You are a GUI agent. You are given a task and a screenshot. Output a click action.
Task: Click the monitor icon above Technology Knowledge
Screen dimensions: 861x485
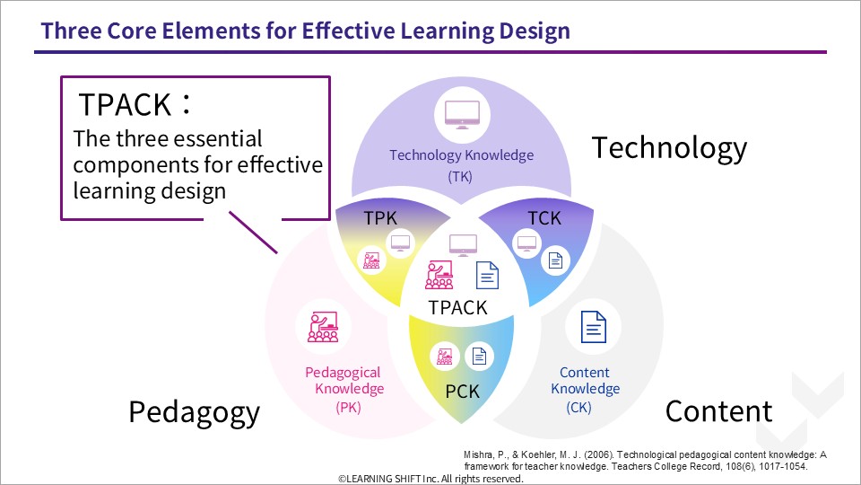[x=462, y=115]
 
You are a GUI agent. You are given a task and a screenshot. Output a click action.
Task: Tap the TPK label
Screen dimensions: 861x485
[x=380, y=218]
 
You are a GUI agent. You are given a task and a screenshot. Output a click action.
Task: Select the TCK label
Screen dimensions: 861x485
[x=544, y=218]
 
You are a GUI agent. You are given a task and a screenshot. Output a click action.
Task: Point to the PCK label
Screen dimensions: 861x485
[x=462, y=392]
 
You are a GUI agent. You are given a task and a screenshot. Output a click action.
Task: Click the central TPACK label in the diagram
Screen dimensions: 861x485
[x=457, y=307]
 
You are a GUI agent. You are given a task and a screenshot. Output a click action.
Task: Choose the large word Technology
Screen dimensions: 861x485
[x=669, y=148]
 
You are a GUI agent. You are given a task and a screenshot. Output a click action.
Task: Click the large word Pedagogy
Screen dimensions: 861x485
[x=194, y=413]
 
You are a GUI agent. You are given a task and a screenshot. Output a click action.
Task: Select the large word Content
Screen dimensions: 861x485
[x=718, y=410]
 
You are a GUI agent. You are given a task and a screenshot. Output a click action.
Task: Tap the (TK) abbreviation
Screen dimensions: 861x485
[x=460, y=177]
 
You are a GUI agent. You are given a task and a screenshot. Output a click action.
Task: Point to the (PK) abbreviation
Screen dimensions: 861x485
[x=349, y=408]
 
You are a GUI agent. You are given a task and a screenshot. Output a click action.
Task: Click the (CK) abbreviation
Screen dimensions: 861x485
[x=578, y=408]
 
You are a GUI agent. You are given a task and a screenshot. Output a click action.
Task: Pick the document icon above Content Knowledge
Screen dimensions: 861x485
[x=594, y=327]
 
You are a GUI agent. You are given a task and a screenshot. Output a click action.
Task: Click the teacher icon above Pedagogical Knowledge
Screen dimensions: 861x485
[x=323, y=327]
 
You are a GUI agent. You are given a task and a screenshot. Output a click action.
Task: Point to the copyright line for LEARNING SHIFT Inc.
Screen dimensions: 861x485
[x=430, y=479]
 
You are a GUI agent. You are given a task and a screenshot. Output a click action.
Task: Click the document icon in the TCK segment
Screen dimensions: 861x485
[x=556, y=260]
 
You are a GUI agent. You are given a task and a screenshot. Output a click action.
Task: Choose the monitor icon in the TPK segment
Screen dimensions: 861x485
[x=400, y=242]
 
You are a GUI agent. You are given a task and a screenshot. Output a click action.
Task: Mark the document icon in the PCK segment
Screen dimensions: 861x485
[x=479, y=357]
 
